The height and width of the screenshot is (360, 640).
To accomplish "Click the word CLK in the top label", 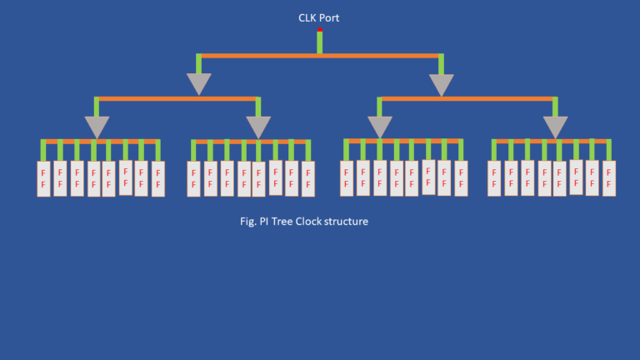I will point(308,17).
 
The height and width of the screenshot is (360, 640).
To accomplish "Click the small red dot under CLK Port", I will point(320,30).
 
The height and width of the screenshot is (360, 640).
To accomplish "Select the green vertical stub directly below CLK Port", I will point(320,43).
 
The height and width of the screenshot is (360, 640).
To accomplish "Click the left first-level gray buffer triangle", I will point(199,83).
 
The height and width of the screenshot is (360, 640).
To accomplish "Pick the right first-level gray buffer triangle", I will point(441,84).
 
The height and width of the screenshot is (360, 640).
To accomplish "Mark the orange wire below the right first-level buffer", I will point(467,99).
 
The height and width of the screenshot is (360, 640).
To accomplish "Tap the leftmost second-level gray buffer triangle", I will point(97,126).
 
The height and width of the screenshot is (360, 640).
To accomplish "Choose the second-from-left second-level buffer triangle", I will point(258,126).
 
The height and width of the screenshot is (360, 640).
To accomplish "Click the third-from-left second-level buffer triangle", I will point(380,126).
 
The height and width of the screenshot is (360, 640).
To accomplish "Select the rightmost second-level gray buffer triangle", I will point(555,126).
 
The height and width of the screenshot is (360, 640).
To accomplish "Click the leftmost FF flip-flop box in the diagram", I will point(43,178).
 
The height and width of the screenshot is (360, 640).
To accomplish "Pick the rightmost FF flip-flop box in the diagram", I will point(609,178).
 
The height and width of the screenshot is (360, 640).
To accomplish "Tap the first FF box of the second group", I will point(193,178).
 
